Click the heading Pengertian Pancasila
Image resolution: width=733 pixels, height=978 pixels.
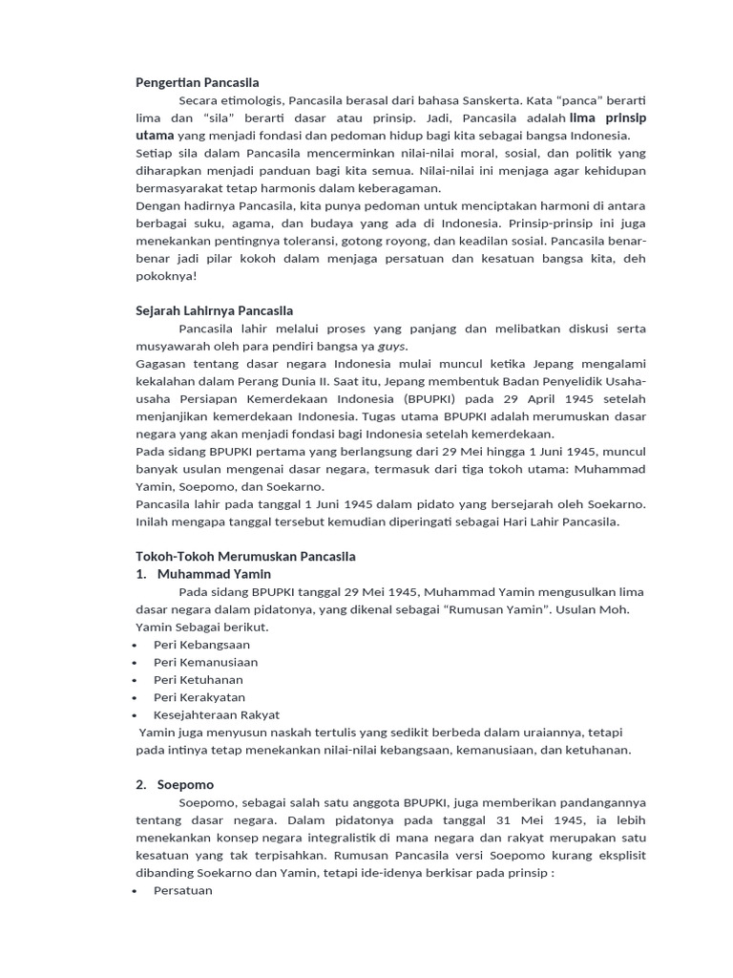pos(197,82)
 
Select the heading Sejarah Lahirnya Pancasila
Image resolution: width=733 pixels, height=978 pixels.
pos(214,310)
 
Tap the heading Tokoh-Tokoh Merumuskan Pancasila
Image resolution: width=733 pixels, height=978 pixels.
pos(245,556)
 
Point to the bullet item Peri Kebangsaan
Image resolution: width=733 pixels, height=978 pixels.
pos(201,645)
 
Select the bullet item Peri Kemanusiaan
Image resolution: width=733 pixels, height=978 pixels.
pos(205,662)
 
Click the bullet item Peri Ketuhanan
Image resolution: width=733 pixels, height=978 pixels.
pos(198,680)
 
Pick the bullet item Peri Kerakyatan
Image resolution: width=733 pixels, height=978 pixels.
pos(199,697)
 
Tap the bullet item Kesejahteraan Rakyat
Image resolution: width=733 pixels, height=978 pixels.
pos(216,714)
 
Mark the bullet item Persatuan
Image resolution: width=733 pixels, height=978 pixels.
pos(182,890)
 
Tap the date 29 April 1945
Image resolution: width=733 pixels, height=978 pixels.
pos(540,399)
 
